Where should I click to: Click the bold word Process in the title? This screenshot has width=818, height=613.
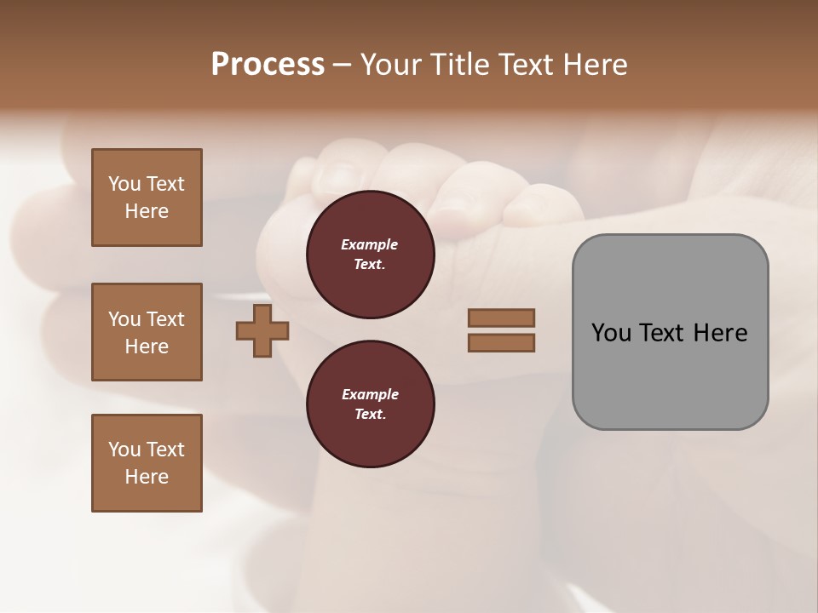pyautogui.click(x=268, y=65)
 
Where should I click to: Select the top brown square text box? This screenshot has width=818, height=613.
pyautogui.click(x=147, y=198)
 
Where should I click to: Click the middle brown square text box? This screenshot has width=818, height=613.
pyautogui.click(x=147, y=332)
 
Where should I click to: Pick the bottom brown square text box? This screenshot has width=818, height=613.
pyautogui.click(x=147, y=463)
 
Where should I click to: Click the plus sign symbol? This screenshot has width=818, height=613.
pyautogui.click(x=262, y=329)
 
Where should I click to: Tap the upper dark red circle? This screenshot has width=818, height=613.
pyautogui.click(x=371, y=255)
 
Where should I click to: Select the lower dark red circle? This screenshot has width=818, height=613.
pyautogui.click(x=371, y=404)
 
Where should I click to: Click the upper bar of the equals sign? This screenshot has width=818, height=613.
pyautogui.click(x=501, y=318)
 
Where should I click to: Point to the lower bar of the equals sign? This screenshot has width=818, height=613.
pyautogui.click(x=501, y=342)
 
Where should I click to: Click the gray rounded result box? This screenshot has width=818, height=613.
pyautogui.click(x=670, y=332)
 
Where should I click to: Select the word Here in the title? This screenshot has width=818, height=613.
pyautogui.click(x=592, y=65)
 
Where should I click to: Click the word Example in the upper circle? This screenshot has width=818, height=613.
pyautogui.click(x=369, y=245)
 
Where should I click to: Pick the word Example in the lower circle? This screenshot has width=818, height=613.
pyautogui.click(x=369, y=395)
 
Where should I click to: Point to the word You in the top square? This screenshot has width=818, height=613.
pyautogui.click(x=124, y=184)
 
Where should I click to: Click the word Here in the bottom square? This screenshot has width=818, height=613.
pyautogui.click(x=147, y=477)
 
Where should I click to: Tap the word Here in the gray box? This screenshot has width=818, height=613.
pyautogui.click(x=720, y=333)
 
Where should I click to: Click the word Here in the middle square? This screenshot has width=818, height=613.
pyautogui.click(x=147, y=347)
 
